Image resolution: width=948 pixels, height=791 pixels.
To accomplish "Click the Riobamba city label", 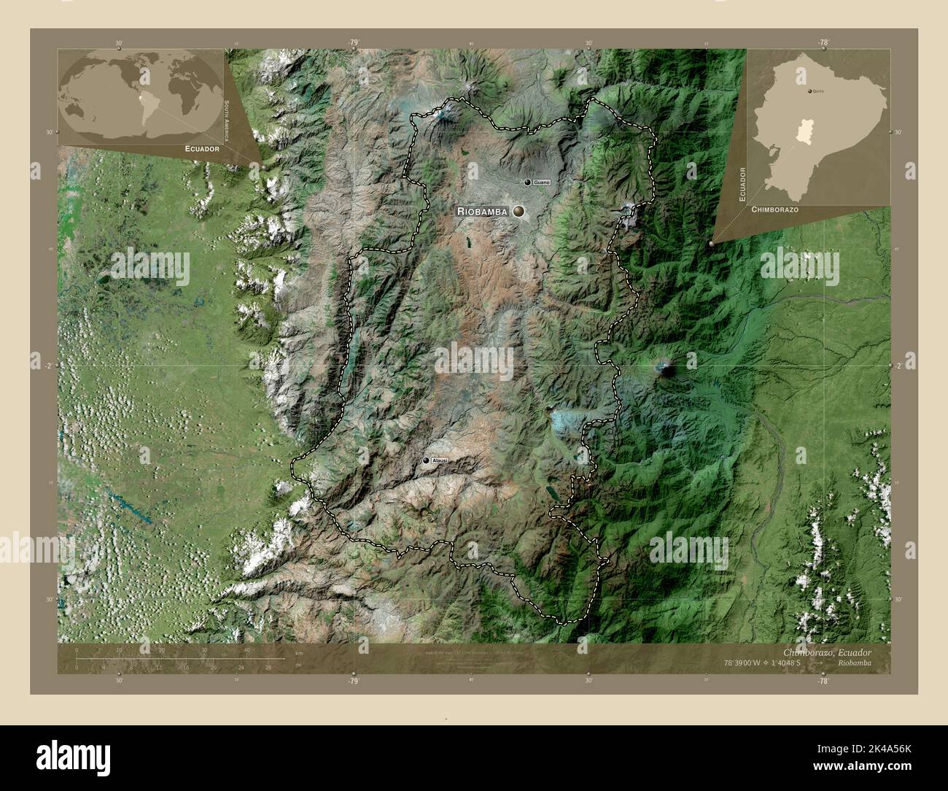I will [x=482, y=211].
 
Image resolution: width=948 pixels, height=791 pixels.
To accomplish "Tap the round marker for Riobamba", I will [x=518, y=211].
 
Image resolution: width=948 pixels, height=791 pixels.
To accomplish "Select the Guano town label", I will [x=540, y=182].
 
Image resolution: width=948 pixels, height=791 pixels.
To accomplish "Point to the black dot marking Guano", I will [x=527, y=182].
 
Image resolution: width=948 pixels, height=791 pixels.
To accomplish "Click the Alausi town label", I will [x=440, y=461].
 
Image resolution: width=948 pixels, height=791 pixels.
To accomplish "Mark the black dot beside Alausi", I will [x=426, y=461].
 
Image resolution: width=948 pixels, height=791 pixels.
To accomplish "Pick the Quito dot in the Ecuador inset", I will [x=808, y=91].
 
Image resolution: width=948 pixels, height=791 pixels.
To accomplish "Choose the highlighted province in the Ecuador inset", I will [x=804, y=131].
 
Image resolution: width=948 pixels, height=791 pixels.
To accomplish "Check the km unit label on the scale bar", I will [x=299, y=652].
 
